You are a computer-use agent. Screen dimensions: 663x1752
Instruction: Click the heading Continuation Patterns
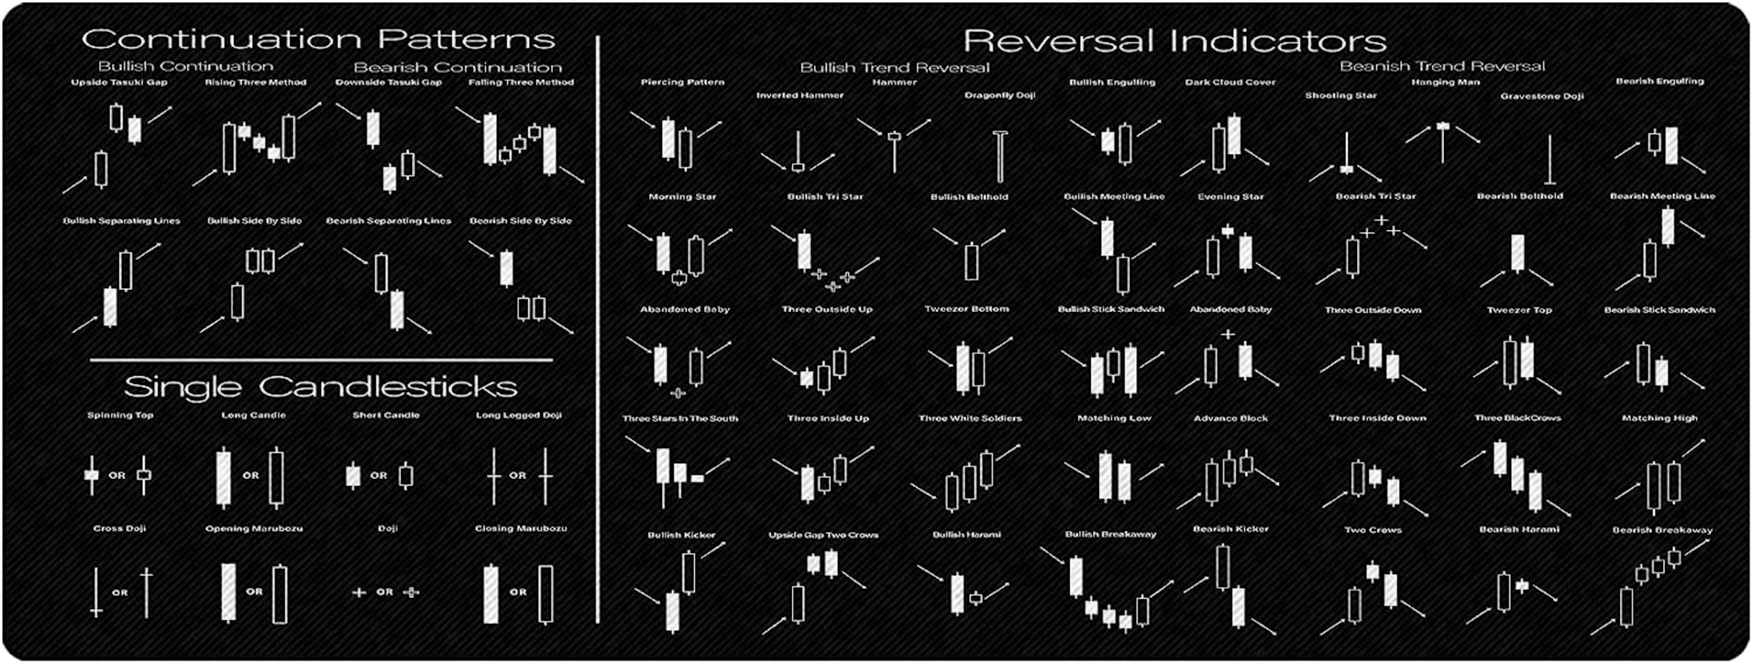click(x=318, y=40)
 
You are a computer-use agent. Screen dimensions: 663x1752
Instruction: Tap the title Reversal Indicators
click(x=1174, y=41)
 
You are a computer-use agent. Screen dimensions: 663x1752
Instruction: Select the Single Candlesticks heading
click(x=320, y=387)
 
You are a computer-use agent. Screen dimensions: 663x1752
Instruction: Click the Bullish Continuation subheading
click(x=185, y=66)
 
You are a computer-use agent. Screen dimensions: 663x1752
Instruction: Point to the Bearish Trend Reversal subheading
click(x=1442, y=66)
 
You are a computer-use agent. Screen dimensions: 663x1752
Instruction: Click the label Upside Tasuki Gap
click(x=119, y=82)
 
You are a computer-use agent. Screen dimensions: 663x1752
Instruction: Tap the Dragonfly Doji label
click(x=1000, y=95)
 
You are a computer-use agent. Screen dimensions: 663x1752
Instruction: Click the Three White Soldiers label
click(x=970, y=418)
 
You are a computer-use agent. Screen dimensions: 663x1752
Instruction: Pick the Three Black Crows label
click(x=1517, y=417)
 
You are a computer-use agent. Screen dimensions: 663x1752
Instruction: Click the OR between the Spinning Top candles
click(x=117, y=475)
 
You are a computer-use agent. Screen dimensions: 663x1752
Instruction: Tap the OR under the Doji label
click(x=385, y=592)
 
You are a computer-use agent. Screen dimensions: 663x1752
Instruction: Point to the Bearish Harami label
click(x=1519, y=529)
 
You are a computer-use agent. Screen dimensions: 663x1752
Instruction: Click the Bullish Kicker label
click(x=681, y=535)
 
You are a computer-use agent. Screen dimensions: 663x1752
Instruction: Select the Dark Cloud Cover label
click(x=1230, y=82)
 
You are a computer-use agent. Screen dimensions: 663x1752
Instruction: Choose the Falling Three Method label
click(x=521, y=82)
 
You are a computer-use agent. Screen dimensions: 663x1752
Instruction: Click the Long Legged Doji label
click(x=519, y=415)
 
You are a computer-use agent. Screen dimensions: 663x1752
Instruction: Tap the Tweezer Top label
click(x=1519, y=310)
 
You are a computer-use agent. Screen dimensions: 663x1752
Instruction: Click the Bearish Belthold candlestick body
click(x=1517, y=252)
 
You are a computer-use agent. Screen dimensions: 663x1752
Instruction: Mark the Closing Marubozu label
click(x=521, y=528)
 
